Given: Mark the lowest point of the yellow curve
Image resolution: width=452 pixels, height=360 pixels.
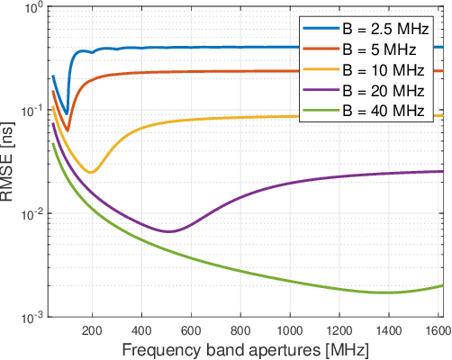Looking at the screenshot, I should [91, 171].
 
